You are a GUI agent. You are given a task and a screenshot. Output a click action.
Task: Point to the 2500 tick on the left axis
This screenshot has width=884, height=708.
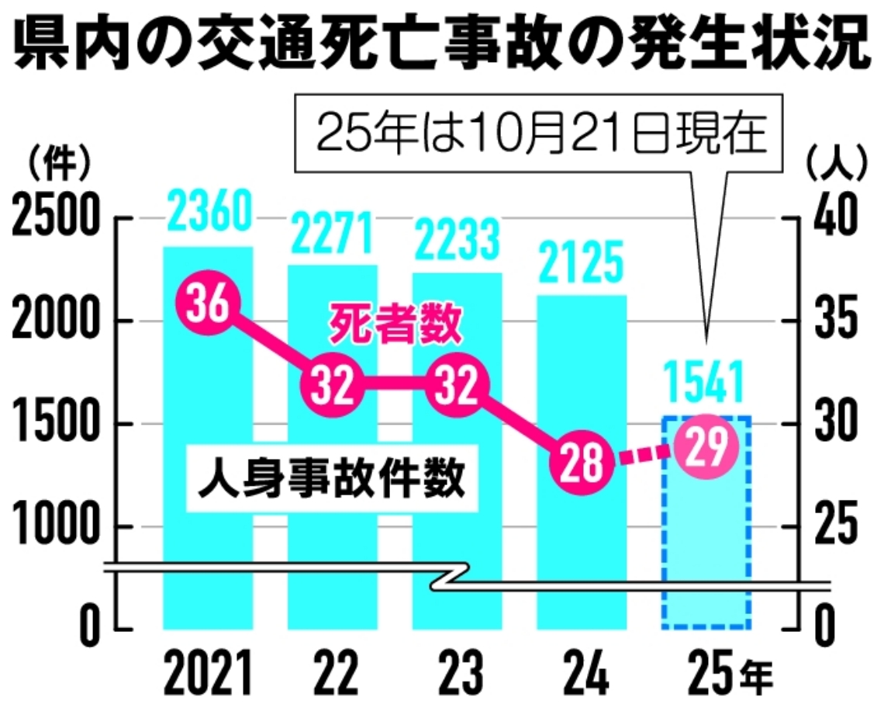56,220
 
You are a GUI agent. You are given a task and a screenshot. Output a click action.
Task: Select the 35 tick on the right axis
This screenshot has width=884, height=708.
836,321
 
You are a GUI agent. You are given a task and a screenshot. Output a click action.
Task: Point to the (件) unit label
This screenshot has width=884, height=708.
58,164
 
